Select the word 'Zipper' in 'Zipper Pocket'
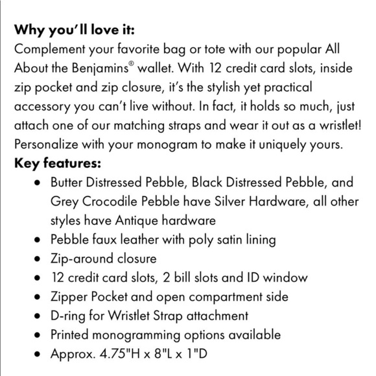(x=69, y=297)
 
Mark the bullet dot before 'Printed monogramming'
(x=37, y=336)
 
